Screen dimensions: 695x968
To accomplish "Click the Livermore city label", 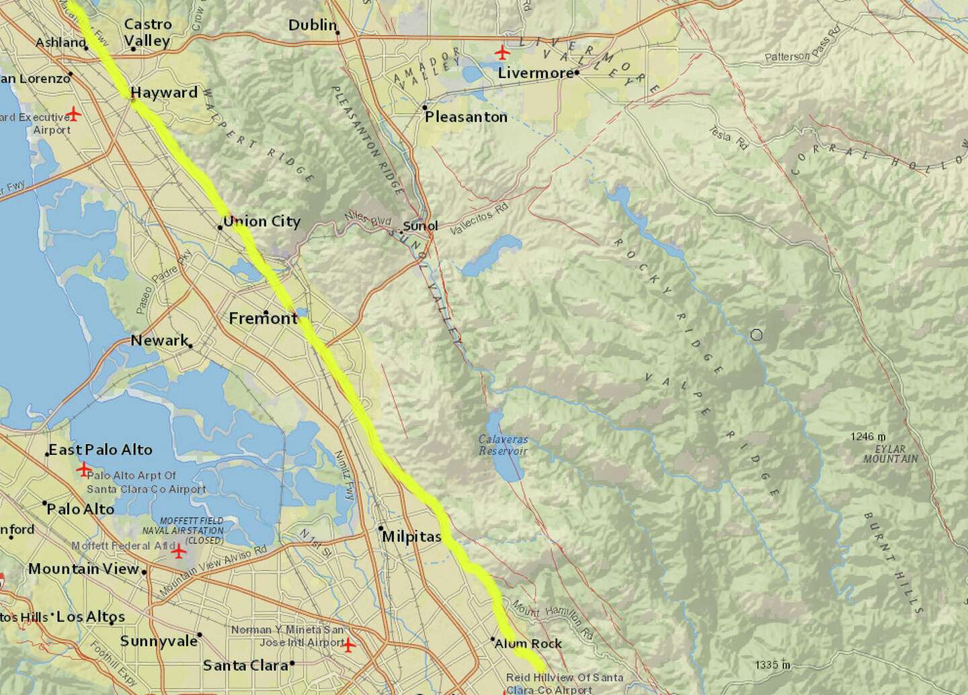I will pyautogui.click(x=535, y=72).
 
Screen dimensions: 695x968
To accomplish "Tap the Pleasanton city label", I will pyautogui.click(x=466, y=116).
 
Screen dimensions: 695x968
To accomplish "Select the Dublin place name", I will pyautogui.click(x=312, y=25).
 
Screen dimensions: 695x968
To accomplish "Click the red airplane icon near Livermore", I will pyautogui.click(x=501, y=51).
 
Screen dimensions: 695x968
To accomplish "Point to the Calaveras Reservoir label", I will pyautogui.click(x=503, y=445).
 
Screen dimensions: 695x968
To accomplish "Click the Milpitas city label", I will pyautogui.click(x=411, y=537).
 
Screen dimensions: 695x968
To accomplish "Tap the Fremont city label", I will pyautogui.click(x=263, y=318).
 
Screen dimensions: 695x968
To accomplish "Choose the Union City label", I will pyautogui.click(x=261, y=221).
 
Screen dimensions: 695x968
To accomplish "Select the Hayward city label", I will pyautogui.click(x=164, y=92).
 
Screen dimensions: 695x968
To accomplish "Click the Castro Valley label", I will pyautogui.click(x=147, y=32).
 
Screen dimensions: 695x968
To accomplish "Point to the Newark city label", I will pyautogui.click(x=159, y=340).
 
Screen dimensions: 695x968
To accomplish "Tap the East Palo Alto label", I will pyautogui.click(x=100, y=449).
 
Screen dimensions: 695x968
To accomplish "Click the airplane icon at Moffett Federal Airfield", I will pyautogui.click(x=179, y=552).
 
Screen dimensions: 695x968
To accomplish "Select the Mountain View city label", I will pyautogui.click(x=83, y=569).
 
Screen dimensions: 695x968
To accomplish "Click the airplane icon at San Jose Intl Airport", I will pyautogui.click(x=348, y=645).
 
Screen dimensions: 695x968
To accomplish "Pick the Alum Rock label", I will pyautogui.click(x=528, y=643).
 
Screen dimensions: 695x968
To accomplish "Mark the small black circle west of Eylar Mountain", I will pyautogui.click(x=757, y=334).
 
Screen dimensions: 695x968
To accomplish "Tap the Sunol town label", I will pyautogui.click(x=420, y=226).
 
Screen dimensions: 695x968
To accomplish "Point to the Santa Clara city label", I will pyautogui.click(x=245, y=665).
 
